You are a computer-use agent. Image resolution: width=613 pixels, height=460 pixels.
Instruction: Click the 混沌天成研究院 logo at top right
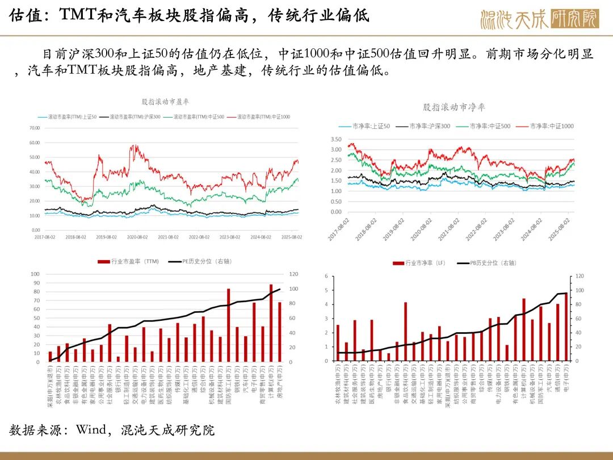(539, 18)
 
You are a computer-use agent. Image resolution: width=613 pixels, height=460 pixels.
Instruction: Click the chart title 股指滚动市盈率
(165, 102)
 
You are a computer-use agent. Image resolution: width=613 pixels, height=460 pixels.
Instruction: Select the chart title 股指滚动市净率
(454, 107)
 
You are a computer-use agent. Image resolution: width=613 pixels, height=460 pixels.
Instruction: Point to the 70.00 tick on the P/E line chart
(35, 128)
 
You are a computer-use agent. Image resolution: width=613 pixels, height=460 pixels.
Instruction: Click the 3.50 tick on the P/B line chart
(335, 139)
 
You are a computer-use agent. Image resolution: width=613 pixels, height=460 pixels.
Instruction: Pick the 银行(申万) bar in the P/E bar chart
(118, 359)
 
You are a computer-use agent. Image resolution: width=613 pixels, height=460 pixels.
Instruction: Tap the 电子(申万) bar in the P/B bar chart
(566, 327)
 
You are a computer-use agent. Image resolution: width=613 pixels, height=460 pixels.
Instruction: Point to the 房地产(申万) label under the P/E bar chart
(280, 387)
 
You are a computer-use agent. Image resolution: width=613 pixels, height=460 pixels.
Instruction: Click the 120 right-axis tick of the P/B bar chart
(580, 276)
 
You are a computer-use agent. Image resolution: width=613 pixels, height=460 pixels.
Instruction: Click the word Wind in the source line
(91, 429)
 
